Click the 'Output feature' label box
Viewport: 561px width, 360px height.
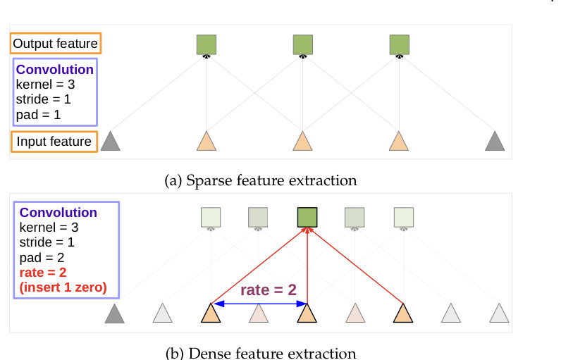pyautogui.click(x=56, y=44)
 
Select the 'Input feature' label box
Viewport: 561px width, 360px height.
pyautogui.click(x=54, y=142)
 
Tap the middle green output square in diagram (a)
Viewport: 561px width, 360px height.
pyautogui.click(x=303, y=44)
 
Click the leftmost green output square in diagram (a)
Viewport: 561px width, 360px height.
pyautogui.click(x=206, y=44)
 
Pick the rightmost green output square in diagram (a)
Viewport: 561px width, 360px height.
pyautogui.click(x=400, y=44)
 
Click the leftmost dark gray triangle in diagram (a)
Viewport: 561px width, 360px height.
pyautogui.click(x=110, y=142)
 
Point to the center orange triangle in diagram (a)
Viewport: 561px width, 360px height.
pyautogui.click(x=303, y=142)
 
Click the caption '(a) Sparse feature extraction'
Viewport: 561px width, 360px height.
pyautogui.click(x=260, y=180)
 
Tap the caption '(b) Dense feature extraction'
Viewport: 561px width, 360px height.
pyautogui.click(x=260, y=352)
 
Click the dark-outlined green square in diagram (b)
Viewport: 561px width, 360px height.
pyautogui.click(x=307, y=217)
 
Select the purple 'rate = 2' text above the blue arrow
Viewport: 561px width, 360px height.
pyautogui.click(x=268, y=290)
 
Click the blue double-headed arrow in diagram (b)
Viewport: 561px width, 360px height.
pyautogui.click(x=259, y=304)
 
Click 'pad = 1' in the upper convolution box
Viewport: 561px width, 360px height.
pyautogui.click(x=39, y=115)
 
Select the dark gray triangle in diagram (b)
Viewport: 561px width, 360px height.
pyautogui.click(x=114, y=314)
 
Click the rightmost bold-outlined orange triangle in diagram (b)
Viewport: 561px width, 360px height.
pyautogui.click(x=402, y=313)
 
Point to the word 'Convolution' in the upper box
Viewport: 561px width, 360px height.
pyautogui.click(x=54, y=70)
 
